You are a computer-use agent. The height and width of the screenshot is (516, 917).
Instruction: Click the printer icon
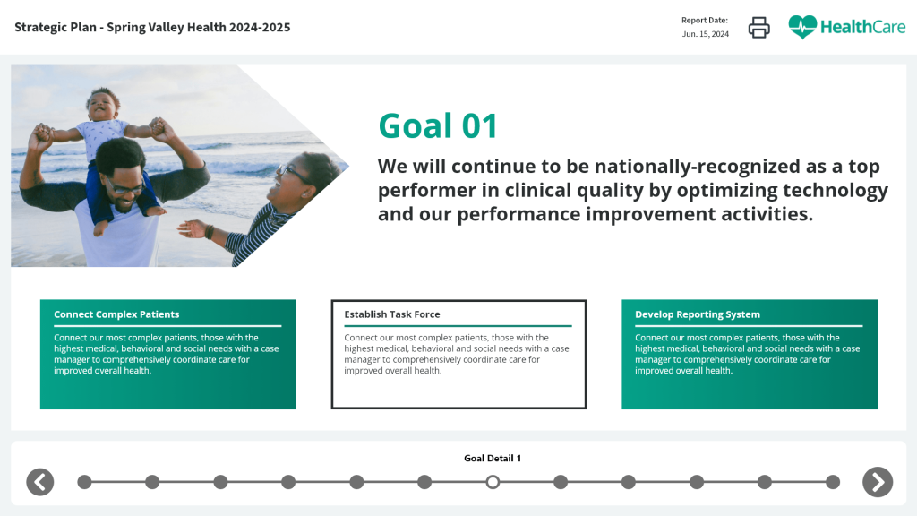click(758, 27)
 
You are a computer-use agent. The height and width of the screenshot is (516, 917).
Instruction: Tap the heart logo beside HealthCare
click(802, 27)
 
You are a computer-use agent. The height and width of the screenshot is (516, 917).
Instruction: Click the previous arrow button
click(39, 482)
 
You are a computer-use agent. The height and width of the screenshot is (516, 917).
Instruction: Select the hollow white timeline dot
click(493, 482)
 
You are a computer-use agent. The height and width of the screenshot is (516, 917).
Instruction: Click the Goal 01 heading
click(438, 125)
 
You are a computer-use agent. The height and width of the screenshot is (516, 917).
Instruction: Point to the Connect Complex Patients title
click(116, 314)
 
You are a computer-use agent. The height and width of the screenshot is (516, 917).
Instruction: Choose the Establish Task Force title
click(392, 314)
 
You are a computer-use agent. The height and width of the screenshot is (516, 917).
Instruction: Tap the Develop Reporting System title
click(698, 314)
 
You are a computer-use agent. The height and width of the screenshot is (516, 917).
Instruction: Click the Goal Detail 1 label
click(493, 458)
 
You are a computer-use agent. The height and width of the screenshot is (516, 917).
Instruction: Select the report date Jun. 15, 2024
click(706, 34)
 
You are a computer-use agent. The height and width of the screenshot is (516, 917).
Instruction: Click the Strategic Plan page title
click(152, 27)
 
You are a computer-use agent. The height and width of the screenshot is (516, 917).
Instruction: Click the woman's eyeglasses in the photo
click(294, 173)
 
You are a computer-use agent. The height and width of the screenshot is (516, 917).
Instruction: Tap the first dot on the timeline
click(85, 482)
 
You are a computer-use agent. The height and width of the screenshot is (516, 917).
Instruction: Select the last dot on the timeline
click(833, 482)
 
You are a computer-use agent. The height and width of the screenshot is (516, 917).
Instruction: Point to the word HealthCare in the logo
click(862, 27)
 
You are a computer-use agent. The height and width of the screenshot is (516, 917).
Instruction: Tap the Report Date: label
click(705, 20)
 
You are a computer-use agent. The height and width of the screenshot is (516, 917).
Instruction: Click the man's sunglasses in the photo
click(124, 186)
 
